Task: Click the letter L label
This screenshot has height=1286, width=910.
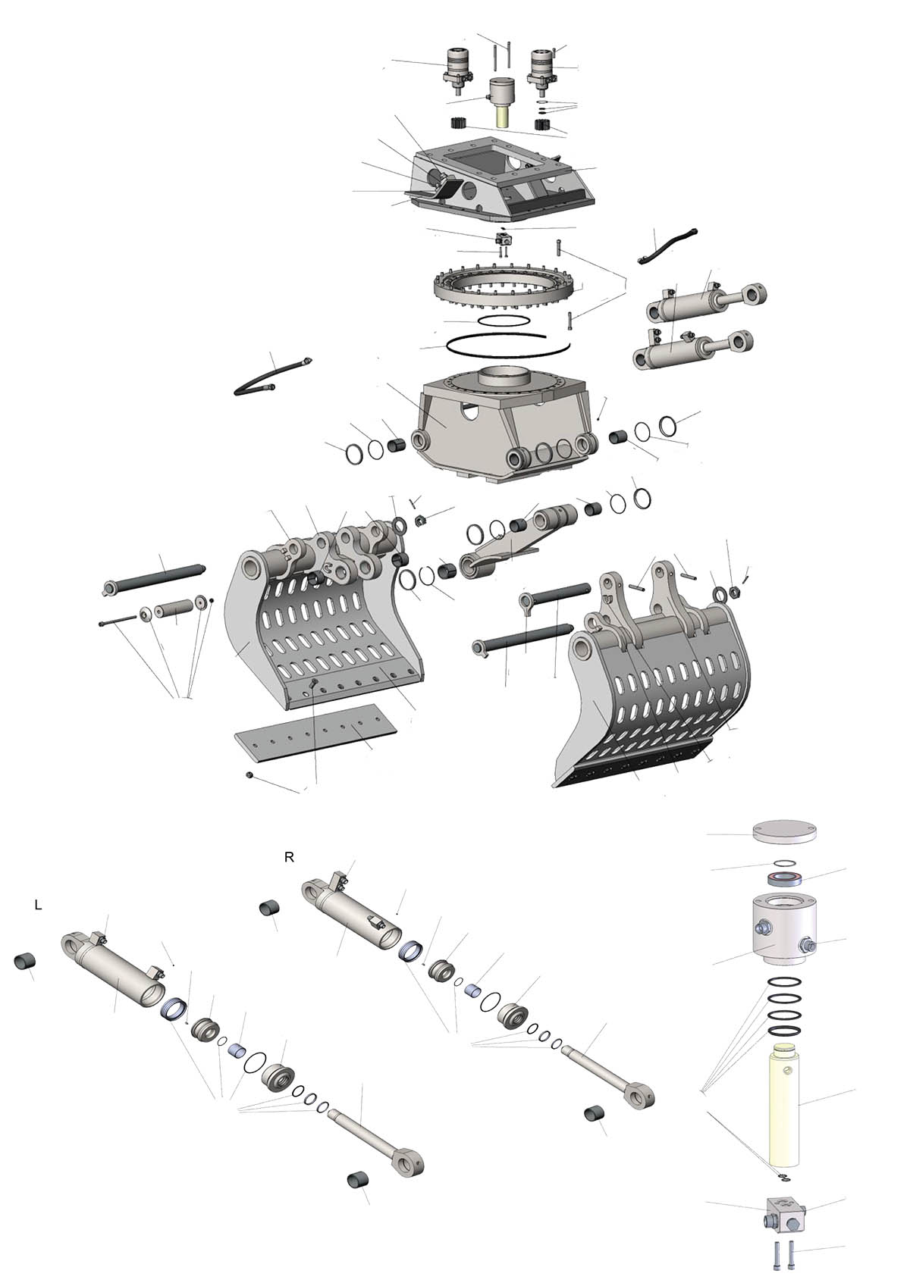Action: pyautogui.click(x=39, y=905)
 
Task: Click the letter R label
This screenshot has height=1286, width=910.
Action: pyautogui.click(x=290, y=857)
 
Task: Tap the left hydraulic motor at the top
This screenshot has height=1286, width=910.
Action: pyautogui.click(x=458, y=72)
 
